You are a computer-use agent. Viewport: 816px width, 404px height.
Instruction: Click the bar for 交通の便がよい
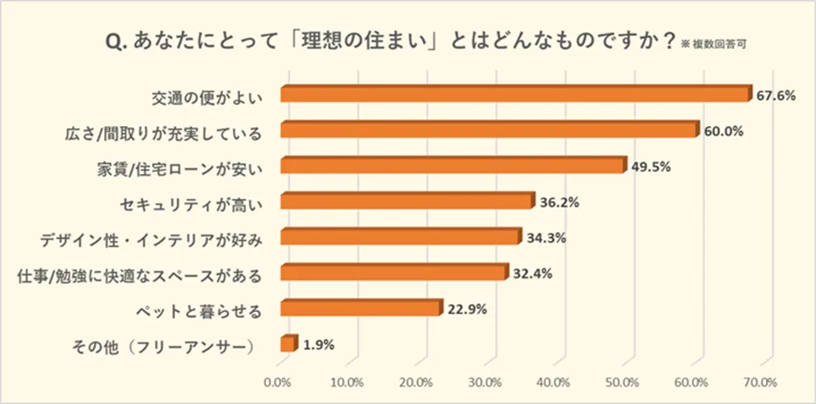click(x=515, y=95)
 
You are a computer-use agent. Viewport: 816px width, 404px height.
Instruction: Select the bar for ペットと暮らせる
click(x=361, y=309)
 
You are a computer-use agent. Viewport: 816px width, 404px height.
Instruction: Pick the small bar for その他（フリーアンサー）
click(x=288, y=344)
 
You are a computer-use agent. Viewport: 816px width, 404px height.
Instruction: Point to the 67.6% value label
click(x=776, y=95)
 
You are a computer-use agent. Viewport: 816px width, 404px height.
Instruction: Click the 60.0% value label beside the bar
click(x=723, y=131)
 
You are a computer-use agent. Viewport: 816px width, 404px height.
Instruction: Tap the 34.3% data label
click(x=545, y=238)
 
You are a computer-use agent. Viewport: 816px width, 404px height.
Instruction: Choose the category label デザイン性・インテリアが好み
click(x=152, y=238)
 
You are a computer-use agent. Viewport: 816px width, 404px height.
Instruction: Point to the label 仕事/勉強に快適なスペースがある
click(x=140, y=274)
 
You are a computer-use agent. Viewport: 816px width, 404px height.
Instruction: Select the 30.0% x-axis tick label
click(x=486, y=381)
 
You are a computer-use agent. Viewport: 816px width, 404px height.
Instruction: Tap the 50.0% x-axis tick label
click(x=623, y=381)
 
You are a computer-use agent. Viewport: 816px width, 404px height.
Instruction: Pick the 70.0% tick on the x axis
click(x=760, y=381)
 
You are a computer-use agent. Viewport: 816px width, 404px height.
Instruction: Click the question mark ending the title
click(x=667, y=40)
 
